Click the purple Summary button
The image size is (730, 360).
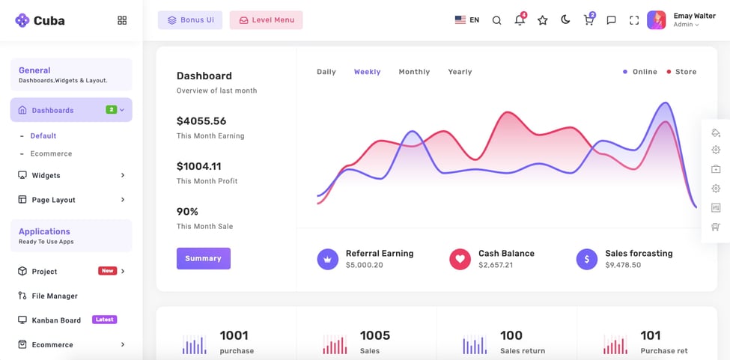(x=203, y=258)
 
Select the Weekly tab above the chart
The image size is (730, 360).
(x=367, y=72)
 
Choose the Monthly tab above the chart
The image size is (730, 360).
(x=414, y=72)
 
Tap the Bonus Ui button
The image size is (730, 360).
(x=190, y=20)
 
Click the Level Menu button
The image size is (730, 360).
(x=266, y=20)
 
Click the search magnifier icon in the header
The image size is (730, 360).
(x=496, y=20)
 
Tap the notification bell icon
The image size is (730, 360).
(x=520, y=20)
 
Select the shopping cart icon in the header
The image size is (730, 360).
(x=588, y=20)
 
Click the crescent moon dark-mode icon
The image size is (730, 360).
(x=565, y=20)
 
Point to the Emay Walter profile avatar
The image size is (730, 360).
(x=656, y=20)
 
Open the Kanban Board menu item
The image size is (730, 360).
(x=56, y=320)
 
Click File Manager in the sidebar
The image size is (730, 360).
(x=55, y=296)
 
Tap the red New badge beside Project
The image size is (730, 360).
(x=107, y=271)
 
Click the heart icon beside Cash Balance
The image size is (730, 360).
(x=459, y=259)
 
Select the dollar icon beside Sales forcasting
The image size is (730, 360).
(x=586, y=259)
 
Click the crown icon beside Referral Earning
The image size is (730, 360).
(x=327, y=259)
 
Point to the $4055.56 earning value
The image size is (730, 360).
(x=201, y=121)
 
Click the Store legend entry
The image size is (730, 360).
(x=685, y=72)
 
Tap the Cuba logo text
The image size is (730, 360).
(x=49, y=21)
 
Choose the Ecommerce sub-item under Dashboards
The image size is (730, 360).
(x=51, y=153)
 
